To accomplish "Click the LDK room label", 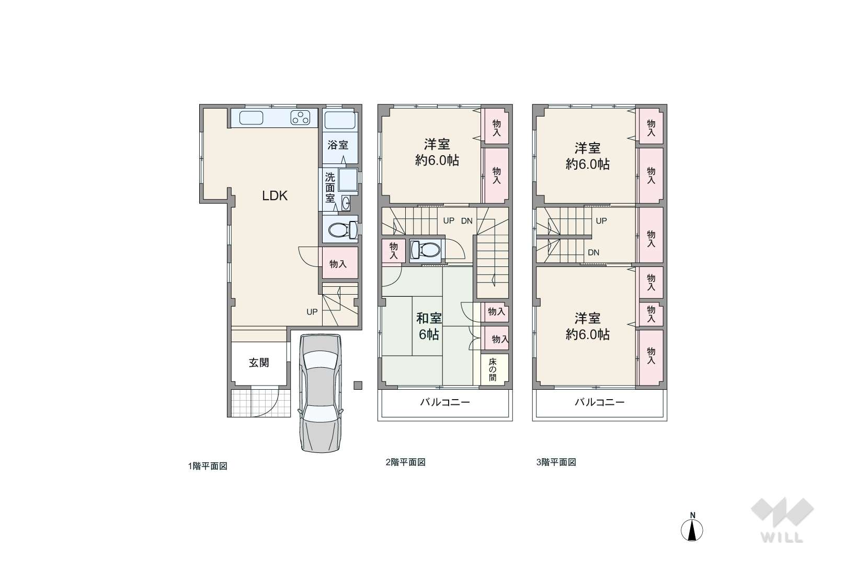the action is pos(275,196).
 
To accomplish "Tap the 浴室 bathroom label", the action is pos(338,145).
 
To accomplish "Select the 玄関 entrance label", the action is pos(259,363).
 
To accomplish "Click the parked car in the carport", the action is pos(320,393).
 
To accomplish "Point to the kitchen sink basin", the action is pos(252,118).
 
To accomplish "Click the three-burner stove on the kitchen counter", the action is pos(300,118).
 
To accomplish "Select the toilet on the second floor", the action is pos(426,250).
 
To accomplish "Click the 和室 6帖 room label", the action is pos(429,326).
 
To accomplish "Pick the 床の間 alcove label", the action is pos(493,369).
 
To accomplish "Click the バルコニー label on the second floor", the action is pos(445,402).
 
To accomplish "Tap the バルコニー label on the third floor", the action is pos(600,402).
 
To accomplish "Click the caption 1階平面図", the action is pos(208,466).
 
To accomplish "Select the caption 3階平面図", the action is pos(556,462).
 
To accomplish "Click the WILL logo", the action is pos(782,520).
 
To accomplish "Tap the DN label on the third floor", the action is pos(593,252).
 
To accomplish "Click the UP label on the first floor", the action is pos(312,312).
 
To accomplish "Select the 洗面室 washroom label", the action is pos(330,188).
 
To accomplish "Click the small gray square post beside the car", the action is pos(358,385).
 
